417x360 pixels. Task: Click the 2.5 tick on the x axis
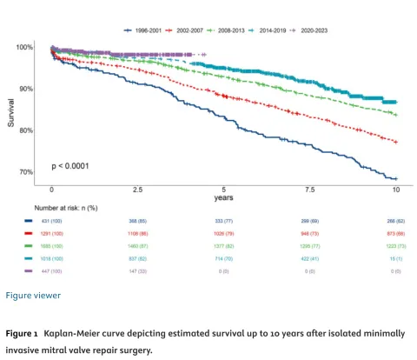(137, 189)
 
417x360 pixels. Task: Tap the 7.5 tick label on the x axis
(311, 189)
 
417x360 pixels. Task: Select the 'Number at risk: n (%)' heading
(69, 209)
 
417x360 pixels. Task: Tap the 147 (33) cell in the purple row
(137, 272)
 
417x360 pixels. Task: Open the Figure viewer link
(33, 296)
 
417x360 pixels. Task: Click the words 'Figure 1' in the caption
(25, 335)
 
